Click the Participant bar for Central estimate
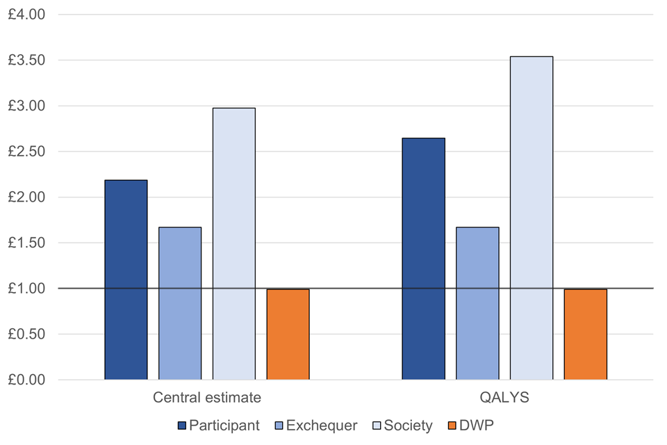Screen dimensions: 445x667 (126, 280)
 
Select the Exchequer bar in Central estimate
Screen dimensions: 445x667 (180, 303)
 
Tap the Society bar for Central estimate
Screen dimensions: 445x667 (234, 243)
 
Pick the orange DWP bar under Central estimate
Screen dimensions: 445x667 (288, 334)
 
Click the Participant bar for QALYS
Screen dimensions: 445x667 (423, 259)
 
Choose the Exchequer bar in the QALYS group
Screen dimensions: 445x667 (477, 303)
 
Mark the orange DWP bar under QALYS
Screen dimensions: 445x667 (586, 334)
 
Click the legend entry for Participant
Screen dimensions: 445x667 (219, 425)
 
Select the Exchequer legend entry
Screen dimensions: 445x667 (316, 425)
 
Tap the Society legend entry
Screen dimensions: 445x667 (404, 425)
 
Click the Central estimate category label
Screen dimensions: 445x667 (207, 398)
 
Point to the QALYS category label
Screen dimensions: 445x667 (504, 398)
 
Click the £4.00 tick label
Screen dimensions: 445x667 (26, 15)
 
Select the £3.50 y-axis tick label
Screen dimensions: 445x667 (26, 60)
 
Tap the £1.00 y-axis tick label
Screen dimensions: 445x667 (26, 289)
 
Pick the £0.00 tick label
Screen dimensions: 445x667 (26, 380)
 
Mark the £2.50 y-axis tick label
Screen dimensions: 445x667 (26, 152)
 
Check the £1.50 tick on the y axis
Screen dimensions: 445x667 (26, 243)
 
